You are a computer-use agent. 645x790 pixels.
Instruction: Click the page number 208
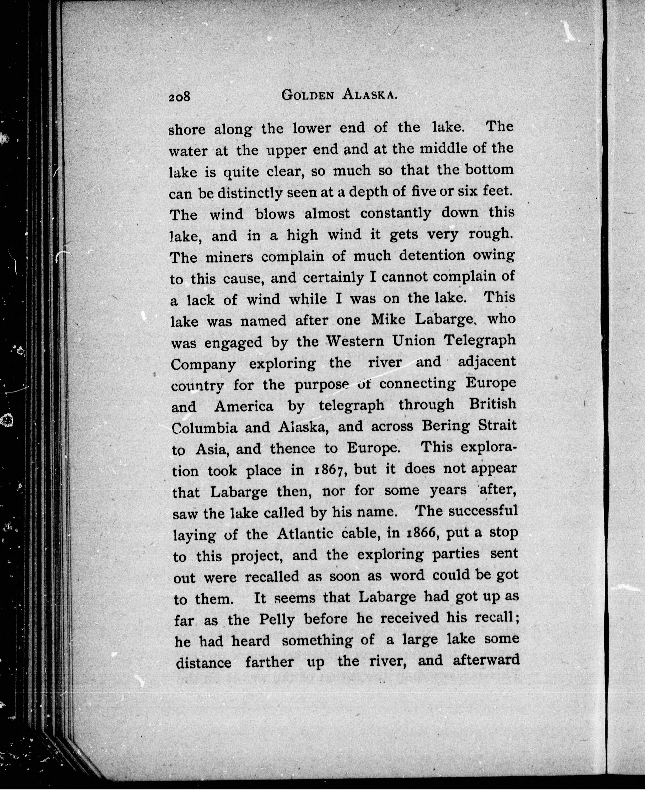(179, 97)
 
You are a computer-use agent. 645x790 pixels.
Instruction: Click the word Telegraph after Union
(480, 340)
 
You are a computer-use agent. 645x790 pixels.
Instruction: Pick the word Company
(203, 365)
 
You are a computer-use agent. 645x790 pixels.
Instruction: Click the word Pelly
(277, 619)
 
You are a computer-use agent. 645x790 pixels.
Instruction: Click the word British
(492, 404)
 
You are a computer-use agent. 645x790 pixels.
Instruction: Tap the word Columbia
(204, 428)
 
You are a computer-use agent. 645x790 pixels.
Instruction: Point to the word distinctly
(245, 193)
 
